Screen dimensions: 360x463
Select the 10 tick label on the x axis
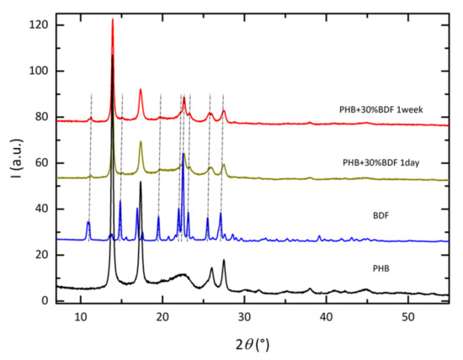(x=80, y=317)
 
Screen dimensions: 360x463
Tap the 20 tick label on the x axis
(x=162, y=317)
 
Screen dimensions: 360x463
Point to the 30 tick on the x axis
(x=243, y=317)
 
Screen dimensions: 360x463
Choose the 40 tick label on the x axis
(x=325, y=317)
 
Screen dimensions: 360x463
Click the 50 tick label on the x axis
(x=407, y=317)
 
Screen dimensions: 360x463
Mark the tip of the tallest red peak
(x=113, y=19)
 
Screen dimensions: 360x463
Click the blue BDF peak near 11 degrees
(x=88, y=222)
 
